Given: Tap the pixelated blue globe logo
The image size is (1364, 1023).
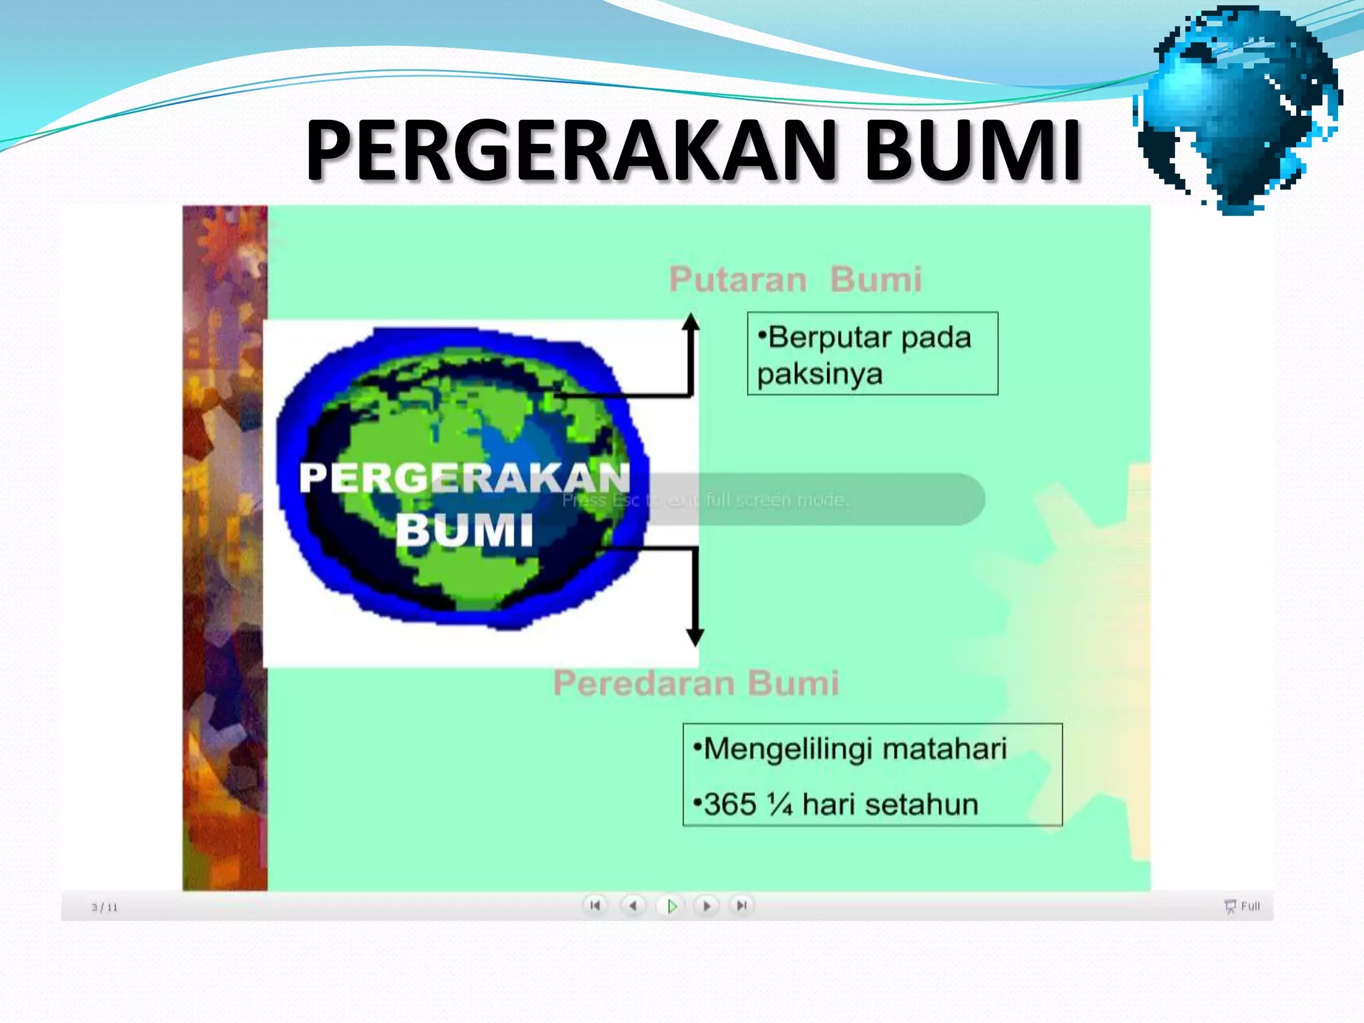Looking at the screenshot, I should (x=1239, y=110).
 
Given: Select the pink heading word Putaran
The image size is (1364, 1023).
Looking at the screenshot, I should (x=738, y=280).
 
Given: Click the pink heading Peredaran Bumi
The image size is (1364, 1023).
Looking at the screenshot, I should (x=696, y=683).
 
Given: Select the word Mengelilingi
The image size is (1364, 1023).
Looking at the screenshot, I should (x=788, y=749).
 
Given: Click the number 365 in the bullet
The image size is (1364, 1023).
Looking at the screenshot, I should (x=729, y=805).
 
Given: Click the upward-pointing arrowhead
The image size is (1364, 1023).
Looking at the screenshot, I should (x=691, y=322).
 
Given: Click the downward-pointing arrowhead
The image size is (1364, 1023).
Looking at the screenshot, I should (x=695, y=637).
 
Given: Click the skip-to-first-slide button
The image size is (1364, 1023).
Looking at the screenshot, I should (x=595, y=906).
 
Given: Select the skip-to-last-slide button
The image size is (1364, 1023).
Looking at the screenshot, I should (x=741, y=906).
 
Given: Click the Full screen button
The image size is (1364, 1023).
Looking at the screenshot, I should (x=1243, y=906).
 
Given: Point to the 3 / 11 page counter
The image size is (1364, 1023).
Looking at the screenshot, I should (x=105, y=907).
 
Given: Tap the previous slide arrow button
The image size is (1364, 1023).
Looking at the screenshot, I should (x=633, y=906).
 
